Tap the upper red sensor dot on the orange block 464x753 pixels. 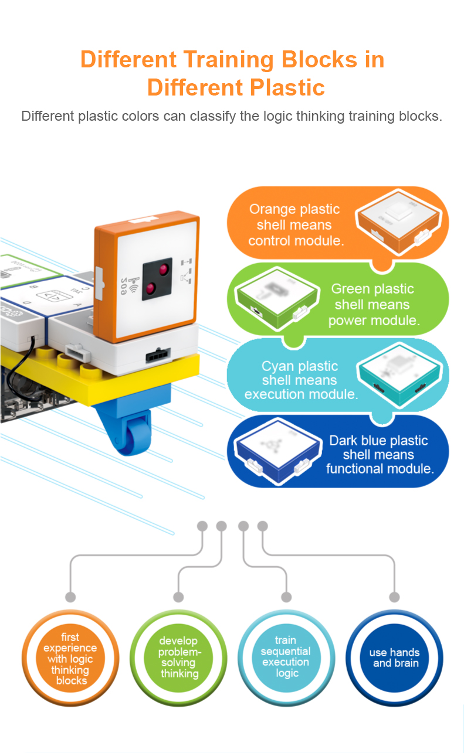pyautogui.click(x=162, y=269)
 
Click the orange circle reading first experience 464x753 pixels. pyautogui.click(x=70, y=659)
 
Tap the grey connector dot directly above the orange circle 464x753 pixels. pyautogui.click(x=70, y=597)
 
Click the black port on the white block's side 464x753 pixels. pyautogui.click(x=158, y=353)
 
